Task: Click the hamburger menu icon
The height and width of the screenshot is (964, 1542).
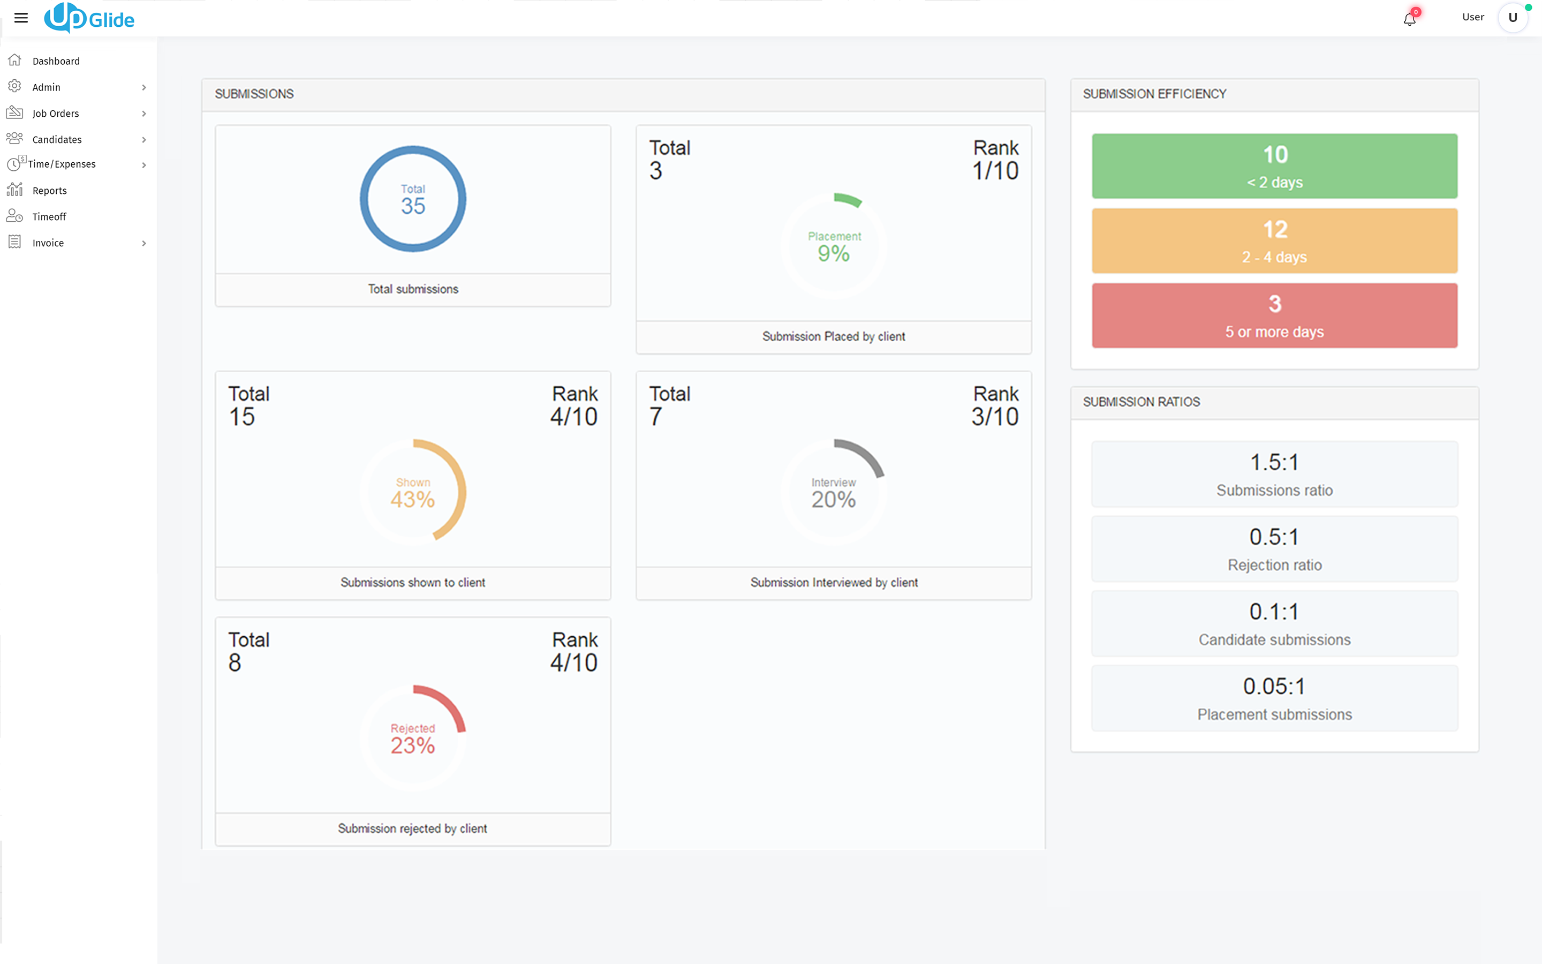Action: (21, 18)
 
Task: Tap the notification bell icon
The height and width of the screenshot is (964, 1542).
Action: (1409, 19)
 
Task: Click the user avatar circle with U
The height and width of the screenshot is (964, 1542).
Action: (1513, 18)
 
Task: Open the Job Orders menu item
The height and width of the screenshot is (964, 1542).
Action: (56, 114)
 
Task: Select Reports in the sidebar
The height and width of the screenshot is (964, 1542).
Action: (50, 191)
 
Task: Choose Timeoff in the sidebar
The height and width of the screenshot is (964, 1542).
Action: (49, 217)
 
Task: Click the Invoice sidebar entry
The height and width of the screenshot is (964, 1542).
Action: (48, 243)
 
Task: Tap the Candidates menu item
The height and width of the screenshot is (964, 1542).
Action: (57, 140)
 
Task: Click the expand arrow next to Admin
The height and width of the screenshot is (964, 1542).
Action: (144, 87)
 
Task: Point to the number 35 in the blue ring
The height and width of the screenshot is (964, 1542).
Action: (413, 206)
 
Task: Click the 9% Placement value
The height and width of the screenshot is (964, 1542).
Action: (834, 254)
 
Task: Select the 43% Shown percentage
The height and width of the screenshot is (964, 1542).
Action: (413, 499)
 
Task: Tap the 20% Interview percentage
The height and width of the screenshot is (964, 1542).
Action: (834, 499)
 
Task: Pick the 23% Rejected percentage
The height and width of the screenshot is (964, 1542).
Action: (413, 745)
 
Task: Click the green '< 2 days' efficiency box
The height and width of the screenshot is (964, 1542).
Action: (1274, 166)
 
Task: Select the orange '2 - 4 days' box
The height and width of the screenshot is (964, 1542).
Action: (1274, 241)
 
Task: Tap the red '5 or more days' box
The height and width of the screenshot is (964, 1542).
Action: (1274, 315)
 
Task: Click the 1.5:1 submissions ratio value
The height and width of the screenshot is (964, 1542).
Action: (1274, 462)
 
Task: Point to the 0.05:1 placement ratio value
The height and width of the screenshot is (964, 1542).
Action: (1274, 687)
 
